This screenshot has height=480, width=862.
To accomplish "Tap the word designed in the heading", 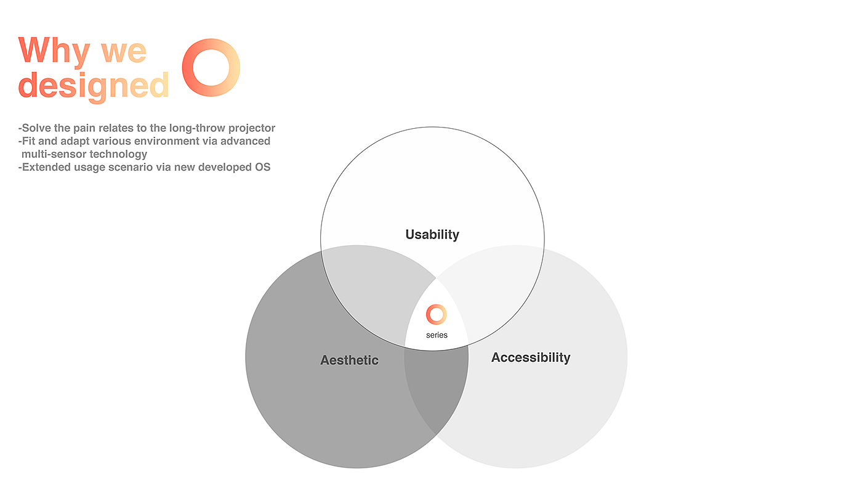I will (94, 85).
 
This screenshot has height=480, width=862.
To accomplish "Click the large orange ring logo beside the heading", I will (211, 67).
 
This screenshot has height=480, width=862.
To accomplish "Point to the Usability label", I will (432, 235).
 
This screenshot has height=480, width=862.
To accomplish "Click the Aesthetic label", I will (349, 360).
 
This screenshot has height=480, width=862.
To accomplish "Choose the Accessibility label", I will (531, 357).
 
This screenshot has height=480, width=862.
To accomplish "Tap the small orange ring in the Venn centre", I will (436, 314).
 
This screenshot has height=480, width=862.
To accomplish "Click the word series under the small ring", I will (437, 335).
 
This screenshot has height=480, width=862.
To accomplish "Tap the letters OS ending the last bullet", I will (262, 167).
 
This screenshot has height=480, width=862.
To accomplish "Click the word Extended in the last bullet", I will (44, 167).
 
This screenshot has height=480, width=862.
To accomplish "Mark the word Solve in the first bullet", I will (36, 128).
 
